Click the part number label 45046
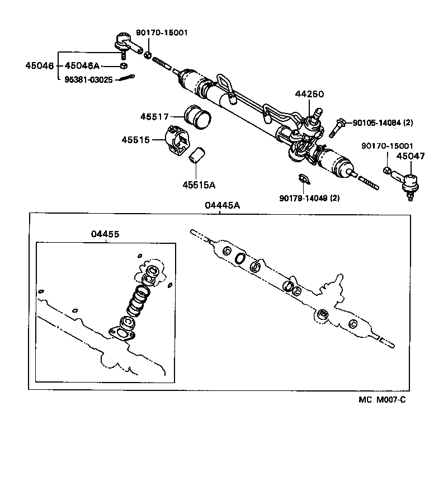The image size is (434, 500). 39,66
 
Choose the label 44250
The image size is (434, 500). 309,95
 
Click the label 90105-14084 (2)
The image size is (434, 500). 383,122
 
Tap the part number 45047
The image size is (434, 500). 411,157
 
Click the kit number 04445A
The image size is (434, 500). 222,205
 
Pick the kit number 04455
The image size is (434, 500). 105,234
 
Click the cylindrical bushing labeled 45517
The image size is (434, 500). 197,116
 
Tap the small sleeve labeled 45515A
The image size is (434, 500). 197,156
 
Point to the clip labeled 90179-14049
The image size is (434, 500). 303,179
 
